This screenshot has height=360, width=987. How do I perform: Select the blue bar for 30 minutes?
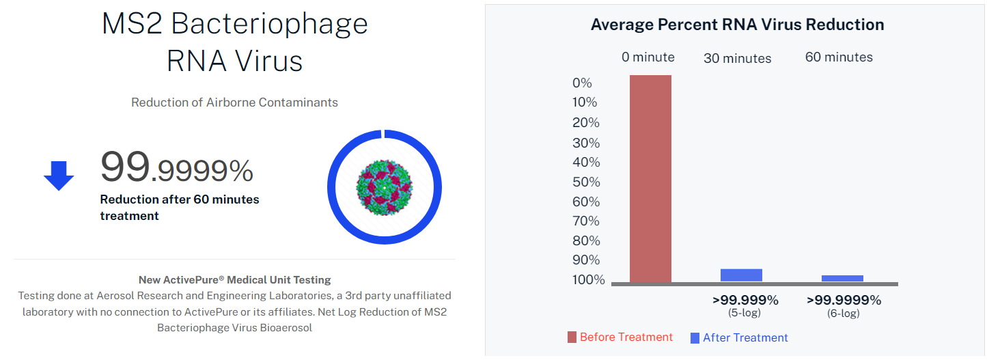741,275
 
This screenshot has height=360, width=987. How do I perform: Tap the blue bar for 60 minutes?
842,278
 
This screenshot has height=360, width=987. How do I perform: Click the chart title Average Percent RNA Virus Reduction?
737,25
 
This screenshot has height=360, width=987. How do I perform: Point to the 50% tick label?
585,182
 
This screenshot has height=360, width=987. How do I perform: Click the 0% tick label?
582,83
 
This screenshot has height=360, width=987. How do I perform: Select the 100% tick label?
589,279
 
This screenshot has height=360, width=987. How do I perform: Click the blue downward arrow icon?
59,176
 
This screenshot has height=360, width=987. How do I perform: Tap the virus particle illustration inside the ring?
384,186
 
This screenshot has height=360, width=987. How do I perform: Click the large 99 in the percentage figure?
125,166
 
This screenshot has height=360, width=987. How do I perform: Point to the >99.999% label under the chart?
745,300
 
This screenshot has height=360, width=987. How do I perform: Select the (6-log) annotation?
843,313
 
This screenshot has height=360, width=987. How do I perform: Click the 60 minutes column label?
839,57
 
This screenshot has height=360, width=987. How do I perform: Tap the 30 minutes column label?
737,59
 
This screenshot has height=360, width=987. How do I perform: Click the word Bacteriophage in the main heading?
269,25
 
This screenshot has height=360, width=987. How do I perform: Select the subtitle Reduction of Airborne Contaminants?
234,102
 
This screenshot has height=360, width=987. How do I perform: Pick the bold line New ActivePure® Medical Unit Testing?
234,280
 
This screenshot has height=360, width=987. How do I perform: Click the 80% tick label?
585,240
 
